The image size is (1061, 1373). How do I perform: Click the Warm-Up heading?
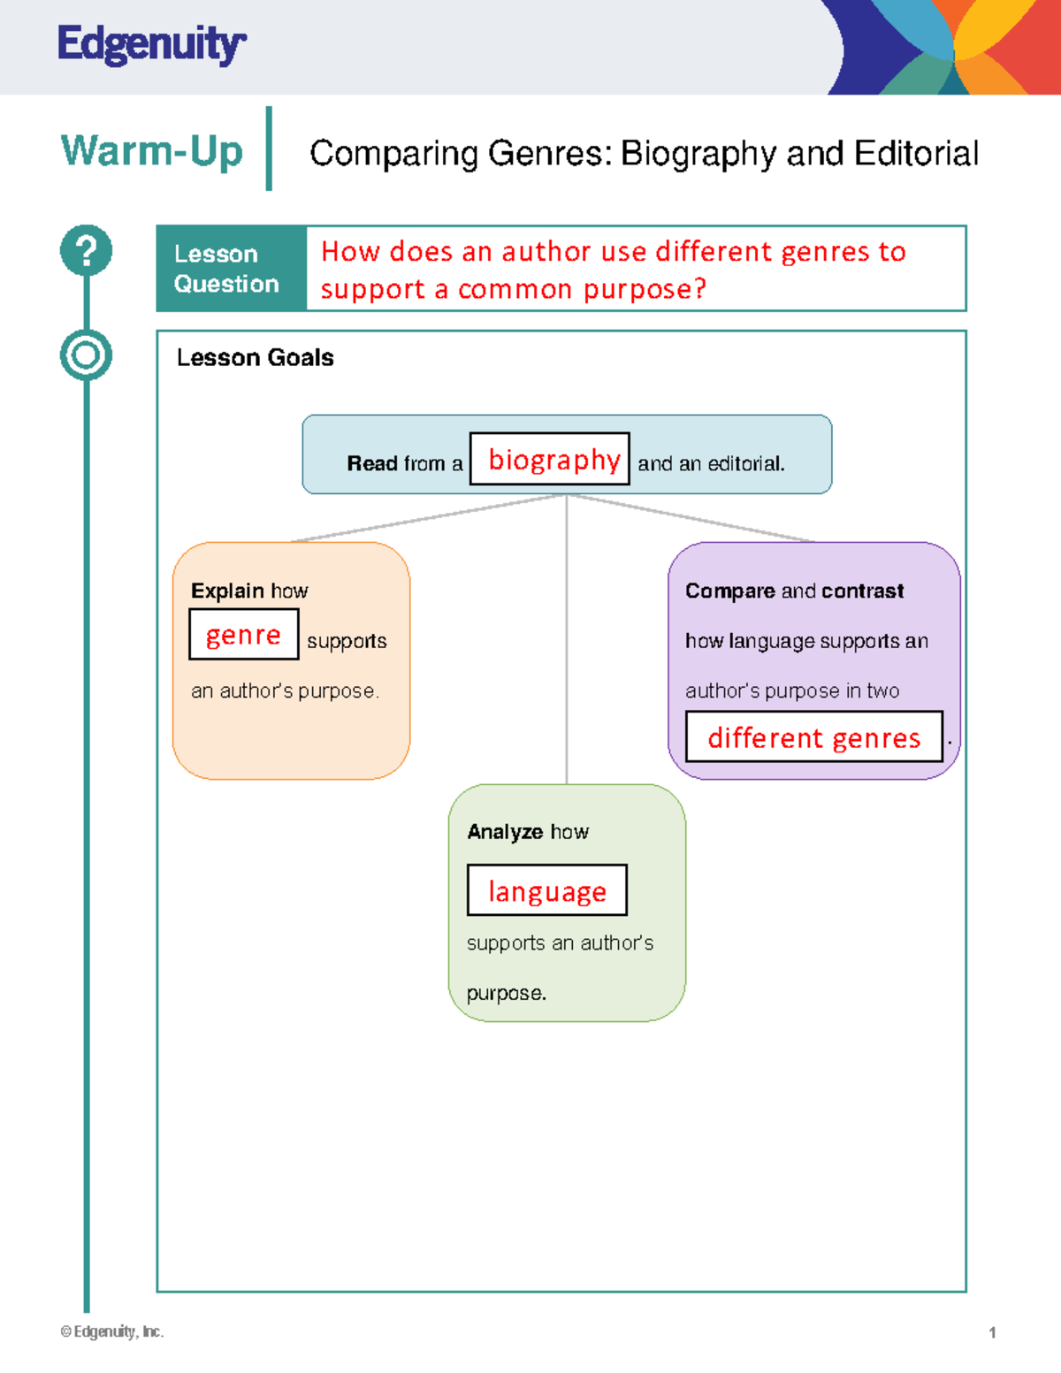point(151,151)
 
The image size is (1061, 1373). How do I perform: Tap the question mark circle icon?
point(86,250)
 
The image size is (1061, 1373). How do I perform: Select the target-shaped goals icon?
point(86,355)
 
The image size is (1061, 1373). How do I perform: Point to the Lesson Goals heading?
point(255,358)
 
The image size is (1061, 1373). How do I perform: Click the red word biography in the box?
point(553,460)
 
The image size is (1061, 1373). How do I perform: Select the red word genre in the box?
point(243,635)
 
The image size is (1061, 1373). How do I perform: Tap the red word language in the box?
point(547,891)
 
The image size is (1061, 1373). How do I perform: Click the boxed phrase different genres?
point(813,737)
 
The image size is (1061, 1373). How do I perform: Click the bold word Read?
point(372,464)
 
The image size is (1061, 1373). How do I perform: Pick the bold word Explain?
point(227,591)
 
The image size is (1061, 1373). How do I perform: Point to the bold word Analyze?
point(505,832)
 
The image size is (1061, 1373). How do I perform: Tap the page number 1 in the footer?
point(992,1332)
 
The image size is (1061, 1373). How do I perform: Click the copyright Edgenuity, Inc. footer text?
point(112,1331)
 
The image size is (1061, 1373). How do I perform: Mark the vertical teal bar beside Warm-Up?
point(269,149)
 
